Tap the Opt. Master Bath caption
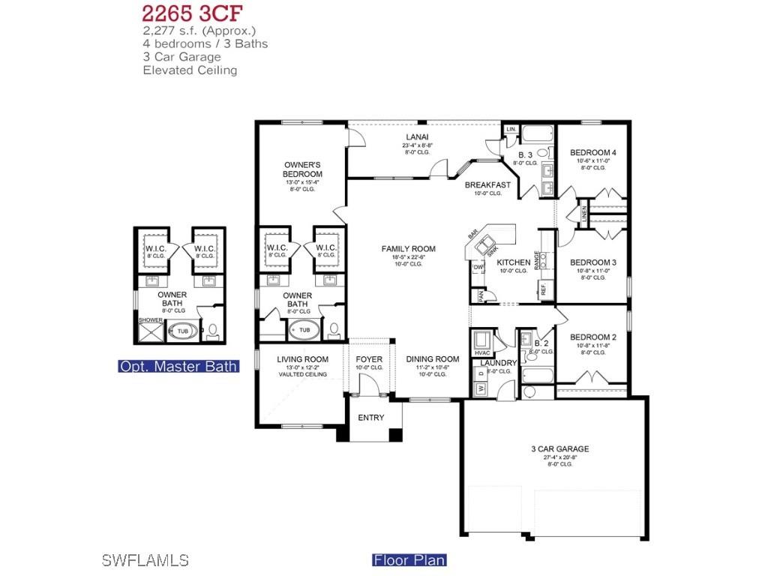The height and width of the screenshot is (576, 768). (178, 367)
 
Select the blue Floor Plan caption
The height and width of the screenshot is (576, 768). (409, 560)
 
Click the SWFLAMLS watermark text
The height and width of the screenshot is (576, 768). (144, 560)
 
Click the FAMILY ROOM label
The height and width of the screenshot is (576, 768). (408, 249)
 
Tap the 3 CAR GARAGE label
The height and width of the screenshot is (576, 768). (560, 449)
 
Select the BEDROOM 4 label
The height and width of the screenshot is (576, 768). (592, 152)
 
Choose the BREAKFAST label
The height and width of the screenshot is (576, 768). (487, 184)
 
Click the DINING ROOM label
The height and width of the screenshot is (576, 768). (432, 359)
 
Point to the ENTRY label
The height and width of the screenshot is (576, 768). (370, 418)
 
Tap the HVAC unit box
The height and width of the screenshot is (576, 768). (482, 344)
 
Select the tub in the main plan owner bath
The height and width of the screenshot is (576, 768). (304, 330)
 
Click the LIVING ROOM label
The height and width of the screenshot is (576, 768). (302, 359)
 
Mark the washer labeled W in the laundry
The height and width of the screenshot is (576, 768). (481, 389)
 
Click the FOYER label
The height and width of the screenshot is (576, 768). (369, 359)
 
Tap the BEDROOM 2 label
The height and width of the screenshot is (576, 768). (592, 337)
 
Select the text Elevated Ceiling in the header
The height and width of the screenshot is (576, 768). (190, 70)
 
